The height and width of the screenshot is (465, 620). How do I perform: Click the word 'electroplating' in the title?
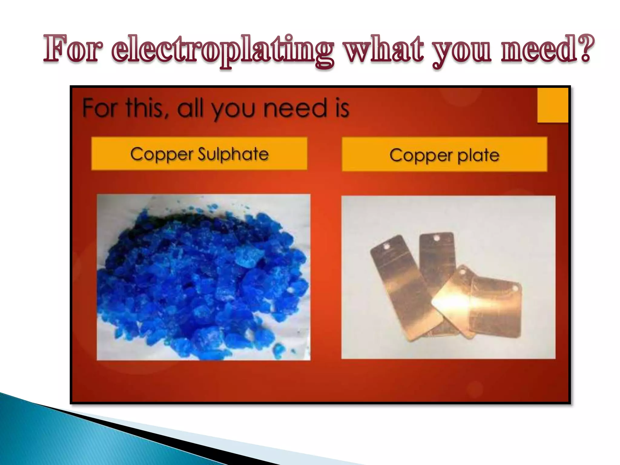pos(223,50)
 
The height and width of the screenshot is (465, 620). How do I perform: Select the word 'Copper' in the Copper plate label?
pos(421,156)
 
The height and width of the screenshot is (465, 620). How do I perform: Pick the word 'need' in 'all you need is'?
pos(295,108)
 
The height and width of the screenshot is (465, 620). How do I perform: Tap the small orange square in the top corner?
pos(552,105)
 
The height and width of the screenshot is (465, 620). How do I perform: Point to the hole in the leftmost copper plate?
pos(386,247)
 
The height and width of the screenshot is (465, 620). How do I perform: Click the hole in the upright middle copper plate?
pos(437,239)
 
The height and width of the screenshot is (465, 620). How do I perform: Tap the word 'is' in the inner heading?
pos(342,108)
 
